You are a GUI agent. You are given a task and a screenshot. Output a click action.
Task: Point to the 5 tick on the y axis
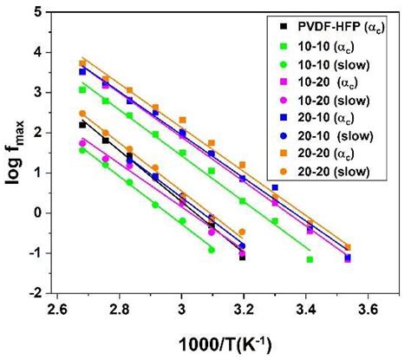point(37,11)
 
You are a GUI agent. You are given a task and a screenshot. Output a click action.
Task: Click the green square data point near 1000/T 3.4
point(309,259)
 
